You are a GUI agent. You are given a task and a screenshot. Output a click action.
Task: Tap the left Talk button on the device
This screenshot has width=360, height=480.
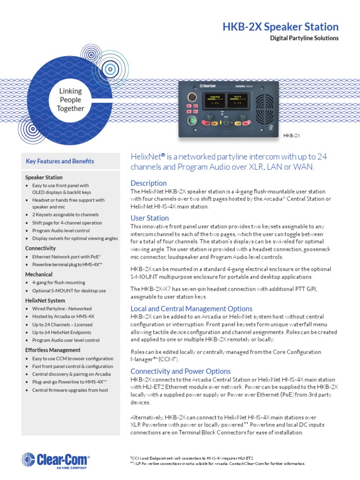[206, 123]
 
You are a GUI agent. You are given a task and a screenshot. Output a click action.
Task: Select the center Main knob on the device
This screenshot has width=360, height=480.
[226, 123]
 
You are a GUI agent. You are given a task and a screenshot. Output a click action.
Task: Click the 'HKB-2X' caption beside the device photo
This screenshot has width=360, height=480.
[291, 135]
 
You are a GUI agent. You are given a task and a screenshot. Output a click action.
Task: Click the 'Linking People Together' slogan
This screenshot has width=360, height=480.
[70, 100]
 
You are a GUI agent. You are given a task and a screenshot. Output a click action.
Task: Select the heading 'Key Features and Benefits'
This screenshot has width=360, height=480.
[60, 161]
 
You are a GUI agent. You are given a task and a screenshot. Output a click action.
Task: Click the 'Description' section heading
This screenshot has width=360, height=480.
[148, 183]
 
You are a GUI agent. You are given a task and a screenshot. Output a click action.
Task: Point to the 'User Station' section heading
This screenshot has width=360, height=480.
[150, 218]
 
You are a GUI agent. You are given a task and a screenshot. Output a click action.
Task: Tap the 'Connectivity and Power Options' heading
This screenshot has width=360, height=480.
[180, 371]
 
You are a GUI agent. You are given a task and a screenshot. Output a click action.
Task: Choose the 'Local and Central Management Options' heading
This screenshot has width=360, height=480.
[191, 308]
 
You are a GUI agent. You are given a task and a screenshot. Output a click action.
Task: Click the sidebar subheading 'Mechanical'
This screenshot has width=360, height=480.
[38, 274]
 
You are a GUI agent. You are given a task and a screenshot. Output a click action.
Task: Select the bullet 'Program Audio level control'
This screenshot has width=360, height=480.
[61, 230]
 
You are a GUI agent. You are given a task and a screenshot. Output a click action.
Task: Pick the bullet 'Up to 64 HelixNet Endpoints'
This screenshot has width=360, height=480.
[62, 332]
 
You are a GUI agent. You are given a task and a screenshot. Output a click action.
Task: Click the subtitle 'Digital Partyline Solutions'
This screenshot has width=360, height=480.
[304, 38]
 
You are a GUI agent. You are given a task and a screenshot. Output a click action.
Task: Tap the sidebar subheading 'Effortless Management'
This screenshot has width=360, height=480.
[52, 350]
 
